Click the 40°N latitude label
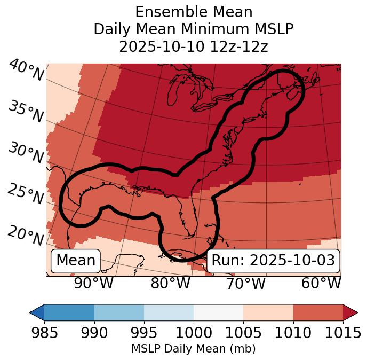26,71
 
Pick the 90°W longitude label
94,283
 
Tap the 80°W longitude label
170,283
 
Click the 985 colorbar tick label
44,333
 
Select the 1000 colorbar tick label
194,333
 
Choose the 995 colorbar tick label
144,333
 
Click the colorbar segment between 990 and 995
119,312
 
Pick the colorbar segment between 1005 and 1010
268,312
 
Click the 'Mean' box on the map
76,261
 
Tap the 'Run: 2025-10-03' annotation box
273,261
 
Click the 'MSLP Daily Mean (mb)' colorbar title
193,349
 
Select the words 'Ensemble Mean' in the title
194,12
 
